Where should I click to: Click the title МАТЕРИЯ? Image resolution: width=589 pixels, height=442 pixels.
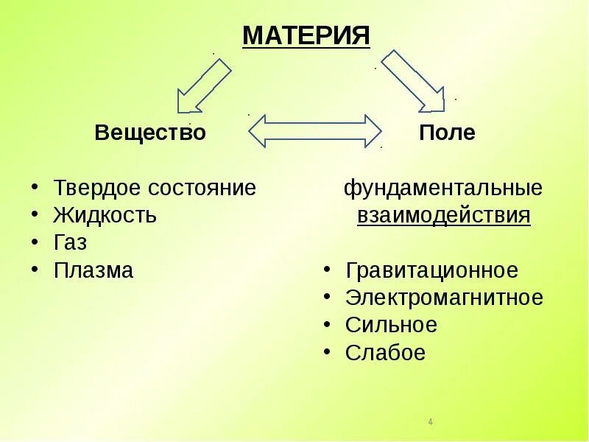pos(306,35)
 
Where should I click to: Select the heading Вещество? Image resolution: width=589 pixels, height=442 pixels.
pos(150,133)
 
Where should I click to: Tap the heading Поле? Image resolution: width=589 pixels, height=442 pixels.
pos(447,133)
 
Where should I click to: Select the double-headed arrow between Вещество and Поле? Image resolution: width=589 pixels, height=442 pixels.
pos(315,131)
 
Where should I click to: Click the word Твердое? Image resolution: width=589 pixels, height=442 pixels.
pos(96,188)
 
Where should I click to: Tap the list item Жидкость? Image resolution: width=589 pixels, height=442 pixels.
pos(105,216)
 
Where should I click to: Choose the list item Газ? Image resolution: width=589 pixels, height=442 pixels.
pos(70,243)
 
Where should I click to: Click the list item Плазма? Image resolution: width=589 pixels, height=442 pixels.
pos(94,270)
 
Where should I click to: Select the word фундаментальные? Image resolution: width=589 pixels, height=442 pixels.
pos(443,188)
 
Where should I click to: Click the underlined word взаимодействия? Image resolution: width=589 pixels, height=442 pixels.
pos(443,216)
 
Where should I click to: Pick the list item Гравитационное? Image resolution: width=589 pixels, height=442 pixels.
pos(431,270)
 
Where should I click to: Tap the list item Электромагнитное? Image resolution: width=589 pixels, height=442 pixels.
pos(443,298)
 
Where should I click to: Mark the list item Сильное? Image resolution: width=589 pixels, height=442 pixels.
pos(391,325)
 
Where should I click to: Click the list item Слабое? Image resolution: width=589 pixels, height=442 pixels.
pos(385,353)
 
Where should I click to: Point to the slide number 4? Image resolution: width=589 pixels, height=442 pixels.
pos(430,422)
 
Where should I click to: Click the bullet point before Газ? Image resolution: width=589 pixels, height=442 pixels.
pos(35,242)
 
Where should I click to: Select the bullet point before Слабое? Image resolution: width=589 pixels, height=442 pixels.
pos(326,352)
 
